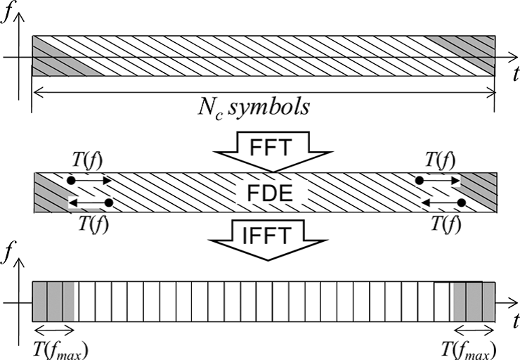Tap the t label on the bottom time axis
(507, 316)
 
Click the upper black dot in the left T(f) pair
(70, 181)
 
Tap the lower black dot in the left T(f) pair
(109, 202)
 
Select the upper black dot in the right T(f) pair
(420, 181)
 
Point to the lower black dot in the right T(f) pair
(461, 202)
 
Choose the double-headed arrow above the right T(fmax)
(472, 330)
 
